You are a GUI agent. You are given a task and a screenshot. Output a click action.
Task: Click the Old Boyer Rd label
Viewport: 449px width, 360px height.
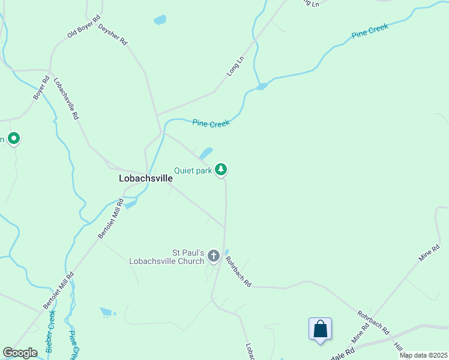(x=83, y=26)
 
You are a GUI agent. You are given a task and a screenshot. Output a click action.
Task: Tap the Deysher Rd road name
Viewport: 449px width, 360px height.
(x=113, y=35)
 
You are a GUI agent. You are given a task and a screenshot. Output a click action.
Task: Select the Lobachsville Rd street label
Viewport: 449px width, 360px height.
(x=66, y=99)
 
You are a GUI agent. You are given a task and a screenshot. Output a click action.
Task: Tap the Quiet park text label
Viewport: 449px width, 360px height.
(x=193, y=170)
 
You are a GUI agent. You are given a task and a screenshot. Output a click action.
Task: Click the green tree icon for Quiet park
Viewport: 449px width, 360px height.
(x=221, y=170)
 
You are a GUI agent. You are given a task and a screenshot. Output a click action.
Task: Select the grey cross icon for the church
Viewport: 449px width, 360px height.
(x=213, y=257)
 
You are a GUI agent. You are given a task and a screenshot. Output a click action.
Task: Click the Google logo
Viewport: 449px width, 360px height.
(x=20, y=353)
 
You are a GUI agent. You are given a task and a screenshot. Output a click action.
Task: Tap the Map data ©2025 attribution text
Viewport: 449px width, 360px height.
(x=424, y=355)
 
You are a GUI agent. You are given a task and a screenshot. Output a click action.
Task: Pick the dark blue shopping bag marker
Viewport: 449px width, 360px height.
(x=320, y=329)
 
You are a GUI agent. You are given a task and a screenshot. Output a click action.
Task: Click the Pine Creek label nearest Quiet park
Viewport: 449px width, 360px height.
(x=211, y=123)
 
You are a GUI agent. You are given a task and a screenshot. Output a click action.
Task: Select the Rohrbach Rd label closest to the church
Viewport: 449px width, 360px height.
(x=238, y=271)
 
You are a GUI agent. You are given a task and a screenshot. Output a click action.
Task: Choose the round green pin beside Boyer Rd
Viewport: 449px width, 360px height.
(x=14, y=139)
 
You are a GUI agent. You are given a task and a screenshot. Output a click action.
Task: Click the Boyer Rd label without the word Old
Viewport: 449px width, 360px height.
(x=41, y=88)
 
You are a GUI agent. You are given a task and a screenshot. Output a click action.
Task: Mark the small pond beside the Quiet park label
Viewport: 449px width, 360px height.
(x=206, y=154)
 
